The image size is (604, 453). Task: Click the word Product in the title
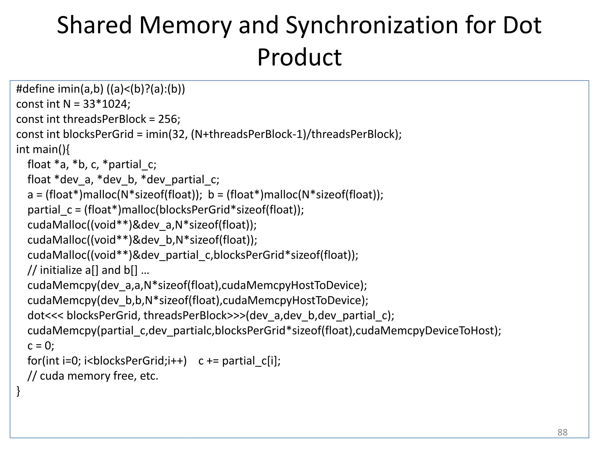(x=299, y=57)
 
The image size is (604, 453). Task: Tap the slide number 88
(x=562, y=432)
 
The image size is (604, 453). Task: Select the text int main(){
(x=43, y=149)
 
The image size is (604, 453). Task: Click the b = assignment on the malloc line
(x=215, y=195)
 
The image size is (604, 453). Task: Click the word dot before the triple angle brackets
(x=36, y=316)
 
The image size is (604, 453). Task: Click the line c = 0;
(x=41, y=346)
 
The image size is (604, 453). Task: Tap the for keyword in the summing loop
(x=34, y=361)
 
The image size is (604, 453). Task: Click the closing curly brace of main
(x=18, y=391)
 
